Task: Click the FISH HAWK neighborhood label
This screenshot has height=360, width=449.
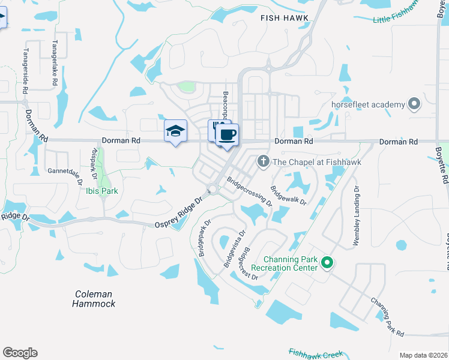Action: tap(285, 18)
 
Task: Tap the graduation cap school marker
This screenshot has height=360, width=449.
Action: tap(175, 131)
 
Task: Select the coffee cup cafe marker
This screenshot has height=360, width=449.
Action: tap(227, 135)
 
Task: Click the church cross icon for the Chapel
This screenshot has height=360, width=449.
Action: tap(262, 161)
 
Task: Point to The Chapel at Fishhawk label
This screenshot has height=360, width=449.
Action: tap(306, 161)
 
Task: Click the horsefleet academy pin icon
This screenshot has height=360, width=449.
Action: tap(414, 104)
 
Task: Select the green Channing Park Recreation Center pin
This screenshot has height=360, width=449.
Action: tap(327, 262)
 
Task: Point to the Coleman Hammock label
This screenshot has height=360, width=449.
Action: tap(94, 299)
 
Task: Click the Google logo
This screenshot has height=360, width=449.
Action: tap(20, 353)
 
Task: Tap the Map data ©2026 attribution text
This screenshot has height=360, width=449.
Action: tap(423, 355)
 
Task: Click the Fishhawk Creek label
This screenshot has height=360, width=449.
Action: tap(315, 353)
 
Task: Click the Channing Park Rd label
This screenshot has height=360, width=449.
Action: tap(387, 316)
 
